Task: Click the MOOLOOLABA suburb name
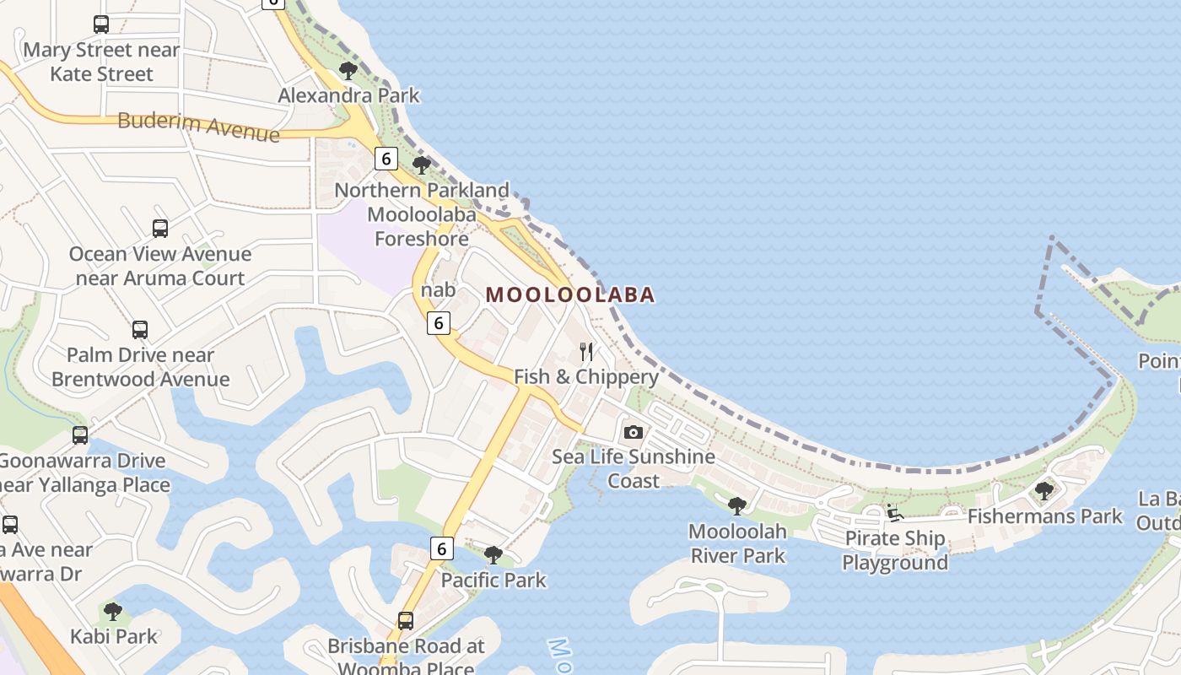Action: coord(570,294)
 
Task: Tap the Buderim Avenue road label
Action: coord(198,127)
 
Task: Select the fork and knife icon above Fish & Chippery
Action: coord(586,351)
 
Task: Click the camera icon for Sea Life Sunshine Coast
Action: coord(633,432)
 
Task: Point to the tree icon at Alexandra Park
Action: coord(348,71)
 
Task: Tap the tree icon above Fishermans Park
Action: coord(1044,490)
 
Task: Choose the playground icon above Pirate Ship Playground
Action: coord(894,512)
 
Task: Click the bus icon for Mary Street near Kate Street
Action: coord(101,24)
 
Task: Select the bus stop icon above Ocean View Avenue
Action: coord(160,228)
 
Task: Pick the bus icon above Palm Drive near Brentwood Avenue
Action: coord(140,329)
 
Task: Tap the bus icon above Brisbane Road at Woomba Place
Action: coord(406,621)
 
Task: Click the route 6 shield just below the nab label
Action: coord(438,322)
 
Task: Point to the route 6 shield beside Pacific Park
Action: coord(441,548)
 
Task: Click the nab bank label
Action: coord(439,290)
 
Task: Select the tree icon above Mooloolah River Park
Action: coord(737,506)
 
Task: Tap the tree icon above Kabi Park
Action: coord(113,611)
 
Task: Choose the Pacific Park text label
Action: coord(493,580)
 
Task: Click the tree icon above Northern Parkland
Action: coord(422,165)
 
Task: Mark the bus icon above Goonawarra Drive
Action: coord(80,435)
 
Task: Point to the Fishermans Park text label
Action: coord(1045,516)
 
